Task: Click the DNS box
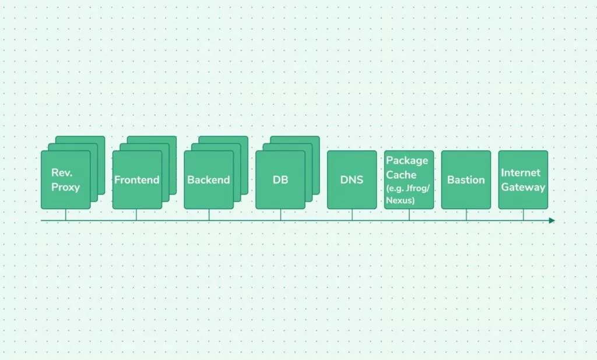click(352, 179)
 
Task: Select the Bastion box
click(466, 179)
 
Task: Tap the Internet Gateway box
click(523, 179)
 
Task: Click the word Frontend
click(136, 179)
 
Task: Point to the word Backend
click(209, 179)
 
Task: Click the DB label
click(280, 179)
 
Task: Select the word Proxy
click(65, 187)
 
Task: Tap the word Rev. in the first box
click(62, 173)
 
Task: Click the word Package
click(407, 161)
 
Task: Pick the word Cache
click(401, 175)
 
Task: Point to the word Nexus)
click(400, 200)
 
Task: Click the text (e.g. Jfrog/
click(408, 188)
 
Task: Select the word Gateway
click(523, 187)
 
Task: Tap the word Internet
click(521, 173)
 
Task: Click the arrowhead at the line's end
click(552, 220)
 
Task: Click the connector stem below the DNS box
click(352, 214)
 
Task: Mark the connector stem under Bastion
click(466, 214)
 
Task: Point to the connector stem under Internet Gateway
click(523, 214)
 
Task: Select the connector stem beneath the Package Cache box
click(409, 214)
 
